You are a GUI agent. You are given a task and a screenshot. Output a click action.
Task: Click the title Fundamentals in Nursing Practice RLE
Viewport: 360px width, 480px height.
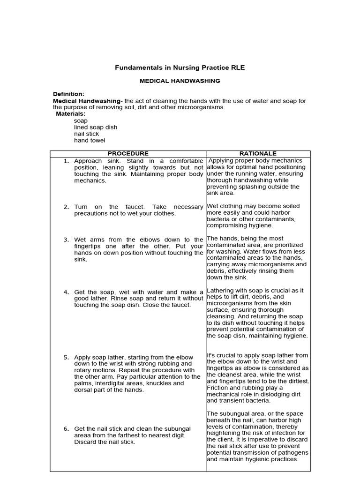tap(180, 68)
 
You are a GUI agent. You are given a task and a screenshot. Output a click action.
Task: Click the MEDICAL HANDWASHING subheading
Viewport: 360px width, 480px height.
tap(180, 81)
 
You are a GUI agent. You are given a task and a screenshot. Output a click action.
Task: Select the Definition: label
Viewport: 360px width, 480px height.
tap(68, 94)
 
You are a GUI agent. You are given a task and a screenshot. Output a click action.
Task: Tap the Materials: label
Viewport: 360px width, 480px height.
tap(71, 114)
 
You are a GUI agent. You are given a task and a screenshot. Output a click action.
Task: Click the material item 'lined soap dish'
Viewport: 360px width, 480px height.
tap(96, 127)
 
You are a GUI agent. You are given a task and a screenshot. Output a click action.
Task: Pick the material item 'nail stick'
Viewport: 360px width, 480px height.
tap(86, 134)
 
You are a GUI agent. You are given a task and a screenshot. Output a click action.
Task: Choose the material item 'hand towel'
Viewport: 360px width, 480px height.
tap(90, 140)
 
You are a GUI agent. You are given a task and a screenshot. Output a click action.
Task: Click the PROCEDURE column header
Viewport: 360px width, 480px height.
tap(128, 154)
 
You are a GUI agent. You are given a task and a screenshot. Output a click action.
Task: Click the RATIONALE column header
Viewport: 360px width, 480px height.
tap(258, 154)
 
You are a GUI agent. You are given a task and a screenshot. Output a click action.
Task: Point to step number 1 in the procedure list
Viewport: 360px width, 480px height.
tap(66, 161)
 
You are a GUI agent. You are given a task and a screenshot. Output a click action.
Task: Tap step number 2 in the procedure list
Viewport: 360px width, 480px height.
tap(66, 207)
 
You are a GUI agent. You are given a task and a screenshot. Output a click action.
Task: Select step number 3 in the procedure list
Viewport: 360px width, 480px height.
tap(66, 240)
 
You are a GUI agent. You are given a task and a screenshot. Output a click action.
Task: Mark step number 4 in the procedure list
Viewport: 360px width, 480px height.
tap(66, 292)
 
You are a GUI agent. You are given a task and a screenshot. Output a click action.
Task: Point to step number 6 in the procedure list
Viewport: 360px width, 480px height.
tap(66, 429)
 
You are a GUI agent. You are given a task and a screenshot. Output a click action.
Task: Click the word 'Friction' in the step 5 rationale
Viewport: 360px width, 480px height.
tap(218, 388)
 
